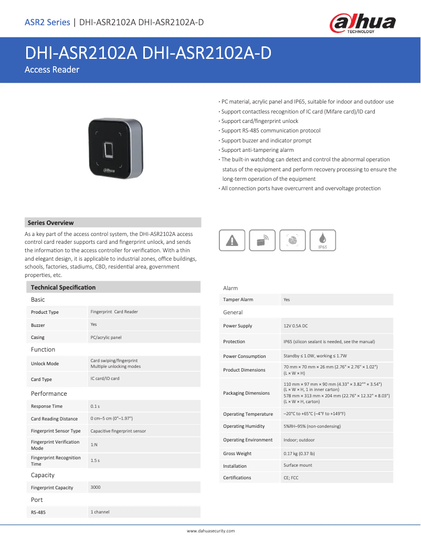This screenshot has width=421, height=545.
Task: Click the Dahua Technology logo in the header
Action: pos(362,23)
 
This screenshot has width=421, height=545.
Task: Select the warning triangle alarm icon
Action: pos(231,240)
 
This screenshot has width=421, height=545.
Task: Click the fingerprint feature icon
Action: pos(292,240)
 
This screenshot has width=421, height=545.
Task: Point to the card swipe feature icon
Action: pos(262,240)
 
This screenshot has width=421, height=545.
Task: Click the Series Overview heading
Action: pos(50,223)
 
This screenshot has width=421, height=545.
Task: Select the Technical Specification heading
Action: pos(63,287)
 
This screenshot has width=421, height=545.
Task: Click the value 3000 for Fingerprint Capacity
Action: pos(96,487)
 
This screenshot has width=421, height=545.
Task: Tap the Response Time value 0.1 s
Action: pos(95,406)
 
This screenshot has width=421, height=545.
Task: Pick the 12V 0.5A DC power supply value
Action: pos(296,326)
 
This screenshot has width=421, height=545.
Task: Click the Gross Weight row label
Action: pos(237,454)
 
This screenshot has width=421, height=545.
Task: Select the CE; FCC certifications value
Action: pos(291,478)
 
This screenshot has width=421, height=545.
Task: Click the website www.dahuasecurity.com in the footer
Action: pos(210,531)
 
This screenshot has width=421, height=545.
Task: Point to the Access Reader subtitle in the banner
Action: pos(52,69)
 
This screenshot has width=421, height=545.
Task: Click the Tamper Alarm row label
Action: pos(238,300)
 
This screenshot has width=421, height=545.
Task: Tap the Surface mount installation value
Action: pos(298,466)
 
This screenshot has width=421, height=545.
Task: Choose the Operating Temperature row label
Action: pos(248,414)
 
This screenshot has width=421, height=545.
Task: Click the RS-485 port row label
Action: pos(38,512)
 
